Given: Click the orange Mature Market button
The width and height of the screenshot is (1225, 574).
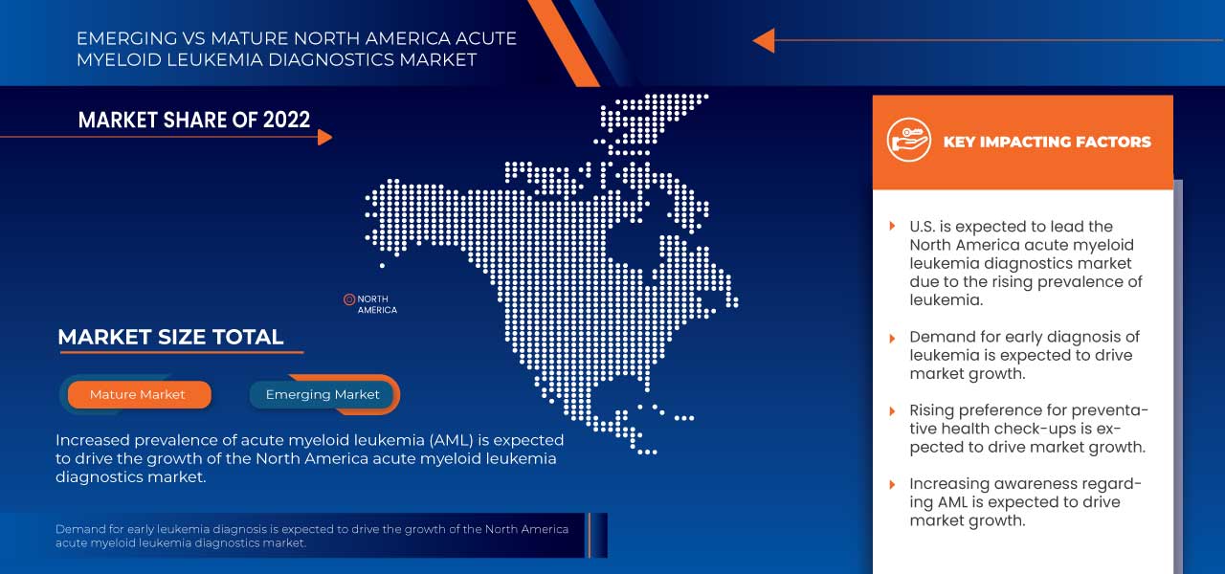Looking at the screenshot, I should pos(138,394).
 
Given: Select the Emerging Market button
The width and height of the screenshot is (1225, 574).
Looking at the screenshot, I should pos(323,394).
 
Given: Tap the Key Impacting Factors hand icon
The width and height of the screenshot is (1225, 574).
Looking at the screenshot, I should pos(908,141).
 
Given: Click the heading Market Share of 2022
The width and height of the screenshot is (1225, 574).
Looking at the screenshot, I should pos(194,120).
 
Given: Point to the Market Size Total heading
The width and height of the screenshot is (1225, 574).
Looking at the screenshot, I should pos(170,337).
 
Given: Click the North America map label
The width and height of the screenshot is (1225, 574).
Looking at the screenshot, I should pos(377,304).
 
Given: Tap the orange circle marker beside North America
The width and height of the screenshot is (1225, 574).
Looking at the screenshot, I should pos(349,299).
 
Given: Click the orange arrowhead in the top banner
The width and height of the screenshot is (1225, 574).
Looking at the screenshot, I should pos(763,40).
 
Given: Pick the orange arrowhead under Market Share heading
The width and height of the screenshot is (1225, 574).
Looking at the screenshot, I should pos(324,137).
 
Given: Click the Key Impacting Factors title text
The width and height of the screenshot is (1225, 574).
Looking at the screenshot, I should pos(1047,142).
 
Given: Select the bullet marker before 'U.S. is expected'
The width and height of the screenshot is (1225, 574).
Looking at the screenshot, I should pos(892,228).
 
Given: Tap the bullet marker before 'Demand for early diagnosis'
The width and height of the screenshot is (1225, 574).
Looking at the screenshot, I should pos(892,338).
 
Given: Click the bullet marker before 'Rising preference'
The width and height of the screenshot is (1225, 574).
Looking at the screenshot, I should pos(892,411).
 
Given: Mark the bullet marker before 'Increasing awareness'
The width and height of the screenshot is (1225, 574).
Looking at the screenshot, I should pos(892,485).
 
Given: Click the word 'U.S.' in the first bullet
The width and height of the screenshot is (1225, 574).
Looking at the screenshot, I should pos(924,227).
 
